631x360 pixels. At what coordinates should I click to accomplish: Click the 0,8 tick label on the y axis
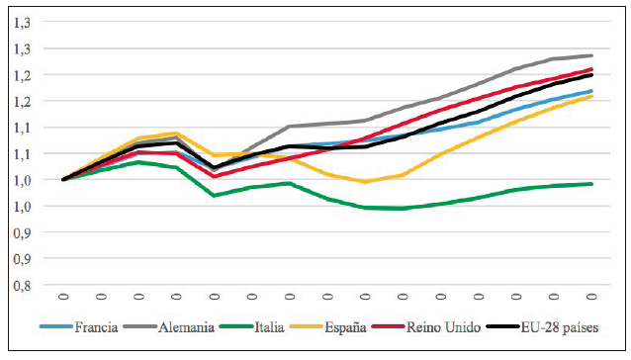(21, 285)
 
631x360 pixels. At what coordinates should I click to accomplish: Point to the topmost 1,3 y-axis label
(21, 22)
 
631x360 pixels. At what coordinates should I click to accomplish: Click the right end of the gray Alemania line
(592, 55)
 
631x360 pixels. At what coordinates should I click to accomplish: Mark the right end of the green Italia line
(592, 183)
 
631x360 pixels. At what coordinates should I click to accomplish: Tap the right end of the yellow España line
(592, 96)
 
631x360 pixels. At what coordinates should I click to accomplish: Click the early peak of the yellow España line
(175, 133)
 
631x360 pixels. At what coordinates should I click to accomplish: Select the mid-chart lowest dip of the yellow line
(365, 181)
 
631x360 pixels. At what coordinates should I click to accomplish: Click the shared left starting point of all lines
(63, 179)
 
